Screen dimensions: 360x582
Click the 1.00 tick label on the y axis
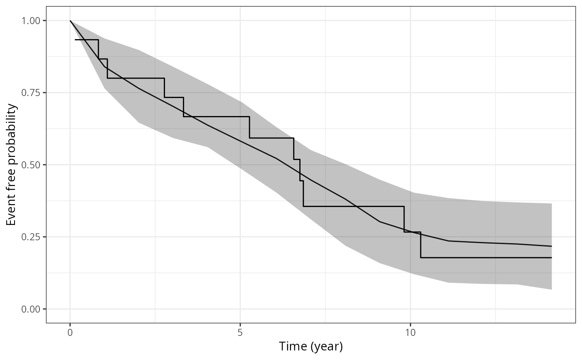click(x=32, y=21)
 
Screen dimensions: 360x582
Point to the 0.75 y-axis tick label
click(x=32, y=93)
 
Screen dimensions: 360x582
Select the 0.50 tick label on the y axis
click(x=32, y=165)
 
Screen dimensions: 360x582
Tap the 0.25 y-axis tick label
click(x=32, y=237)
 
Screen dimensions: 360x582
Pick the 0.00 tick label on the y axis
click(x=32, y=309)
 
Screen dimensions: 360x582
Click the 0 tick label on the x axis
click(x=70, y=333)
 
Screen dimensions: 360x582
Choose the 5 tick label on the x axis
click(x=240, y=333)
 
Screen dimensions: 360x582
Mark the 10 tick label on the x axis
click(x=410, y=333)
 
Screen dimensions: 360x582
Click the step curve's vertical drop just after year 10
click(x=420, y=245)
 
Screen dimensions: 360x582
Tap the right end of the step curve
click(x=551, y=258)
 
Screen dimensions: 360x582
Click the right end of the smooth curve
click(x=551, y=246)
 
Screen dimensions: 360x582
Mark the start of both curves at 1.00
click(x=70, y=21)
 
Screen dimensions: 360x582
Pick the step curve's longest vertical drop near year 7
click(x=303, y=194)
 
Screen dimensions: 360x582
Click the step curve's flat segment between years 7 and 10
click(x=353, y=206)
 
